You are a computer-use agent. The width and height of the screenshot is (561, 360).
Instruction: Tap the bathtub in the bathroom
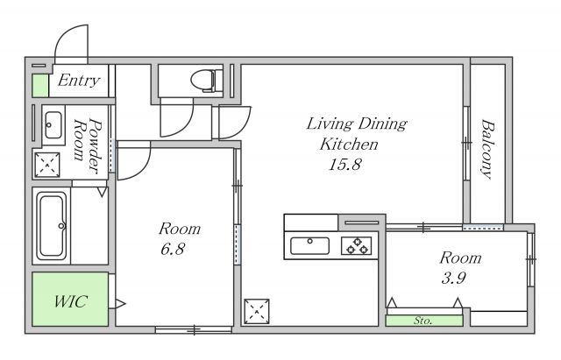[x=52, y=226]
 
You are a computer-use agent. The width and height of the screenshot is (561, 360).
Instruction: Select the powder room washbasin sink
[x=53, y=124]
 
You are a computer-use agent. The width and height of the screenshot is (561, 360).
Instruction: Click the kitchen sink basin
[x=309, y=245]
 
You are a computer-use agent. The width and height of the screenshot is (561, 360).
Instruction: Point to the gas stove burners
[x=357, y=245]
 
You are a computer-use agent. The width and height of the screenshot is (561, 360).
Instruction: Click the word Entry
[x=78, y=81]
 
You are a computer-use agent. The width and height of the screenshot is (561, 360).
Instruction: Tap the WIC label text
[x=70, y=301]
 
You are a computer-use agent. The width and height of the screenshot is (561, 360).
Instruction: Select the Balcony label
[x=487, y=149]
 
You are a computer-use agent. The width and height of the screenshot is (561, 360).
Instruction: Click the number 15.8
[x=344, y=165]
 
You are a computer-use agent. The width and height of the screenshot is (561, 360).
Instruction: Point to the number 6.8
[x=173, y=249]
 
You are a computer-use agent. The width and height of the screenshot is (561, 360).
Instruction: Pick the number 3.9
[x=454, y=278]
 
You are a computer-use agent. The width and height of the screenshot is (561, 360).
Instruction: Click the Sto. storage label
[x=423, y=321]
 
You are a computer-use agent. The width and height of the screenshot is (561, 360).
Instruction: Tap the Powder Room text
[x=88, y=145]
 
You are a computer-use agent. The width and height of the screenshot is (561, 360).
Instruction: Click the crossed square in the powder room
[x=46, y=165]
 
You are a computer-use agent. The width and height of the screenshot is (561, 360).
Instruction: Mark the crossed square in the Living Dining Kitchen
[x=257, y=311]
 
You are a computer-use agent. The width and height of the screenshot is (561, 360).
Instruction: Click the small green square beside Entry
[x=40, y=86]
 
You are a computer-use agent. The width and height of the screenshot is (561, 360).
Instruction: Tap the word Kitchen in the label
[x=349, y=145]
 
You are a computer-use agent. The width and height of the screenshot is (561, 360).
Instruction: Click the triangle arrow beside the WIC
[x=120, y=304]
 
